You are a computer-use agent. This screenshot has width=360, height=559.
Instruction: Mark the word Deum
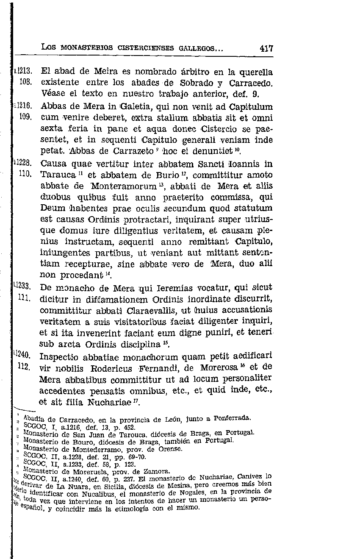[53, 209]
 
